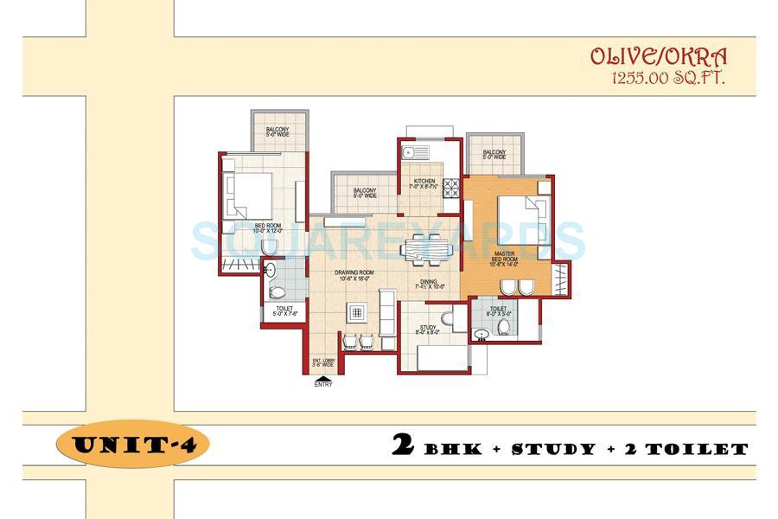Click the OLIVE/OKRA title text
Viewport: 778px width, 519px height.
658,57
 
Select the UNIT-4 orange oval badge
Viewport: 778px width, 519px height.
131,447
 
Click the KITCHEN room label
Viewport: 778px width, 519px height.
424,183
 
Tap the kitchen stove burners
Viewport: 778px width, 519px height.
450,188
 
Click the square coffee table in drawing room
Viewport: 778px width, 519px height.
354,312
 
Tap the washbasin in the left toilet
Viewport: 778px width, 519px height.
271,272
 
